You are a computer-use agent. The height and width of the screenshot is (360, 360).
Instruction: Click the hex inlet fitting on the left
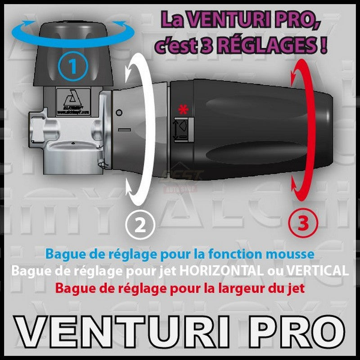(x=38, y=128)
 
